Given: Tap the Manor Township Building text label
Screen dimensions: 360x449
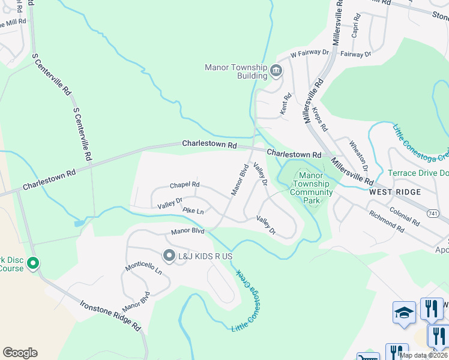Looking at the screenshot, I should coord(236,71).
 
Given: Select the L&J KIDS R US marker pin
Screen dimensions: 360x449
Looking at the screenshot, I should coord(169,256).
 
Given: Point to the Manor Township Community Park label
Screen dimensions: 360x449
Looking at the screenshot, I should coord(311,188).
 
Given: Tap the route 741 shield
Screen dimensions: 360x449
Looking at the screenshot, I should coord(433,214).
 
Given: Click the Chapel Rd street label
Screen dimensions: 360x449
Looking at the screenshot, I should coord(184,185).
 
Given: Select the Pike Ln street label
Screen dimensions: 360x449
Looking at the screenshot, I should coord(193,211).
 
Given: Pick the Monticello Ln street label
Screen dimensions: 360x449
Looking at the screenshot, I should coord(143,271).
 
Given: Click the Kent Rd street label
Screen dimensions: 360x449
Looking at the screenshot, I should coord(286,104).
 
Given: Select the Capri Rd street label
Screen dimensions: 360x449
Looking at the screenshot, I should coord(355,27).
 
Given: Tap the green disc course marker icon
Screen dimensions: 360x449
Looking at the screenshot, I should coord(33,263).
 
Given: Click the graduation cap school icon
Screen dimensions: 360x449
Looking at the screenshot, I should coord(405,312).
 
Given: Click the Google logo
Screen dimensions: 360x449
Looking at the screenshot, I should coord(20,353).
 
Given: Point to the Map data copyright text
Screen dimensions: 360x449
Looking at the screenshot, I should coord(423,355).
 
